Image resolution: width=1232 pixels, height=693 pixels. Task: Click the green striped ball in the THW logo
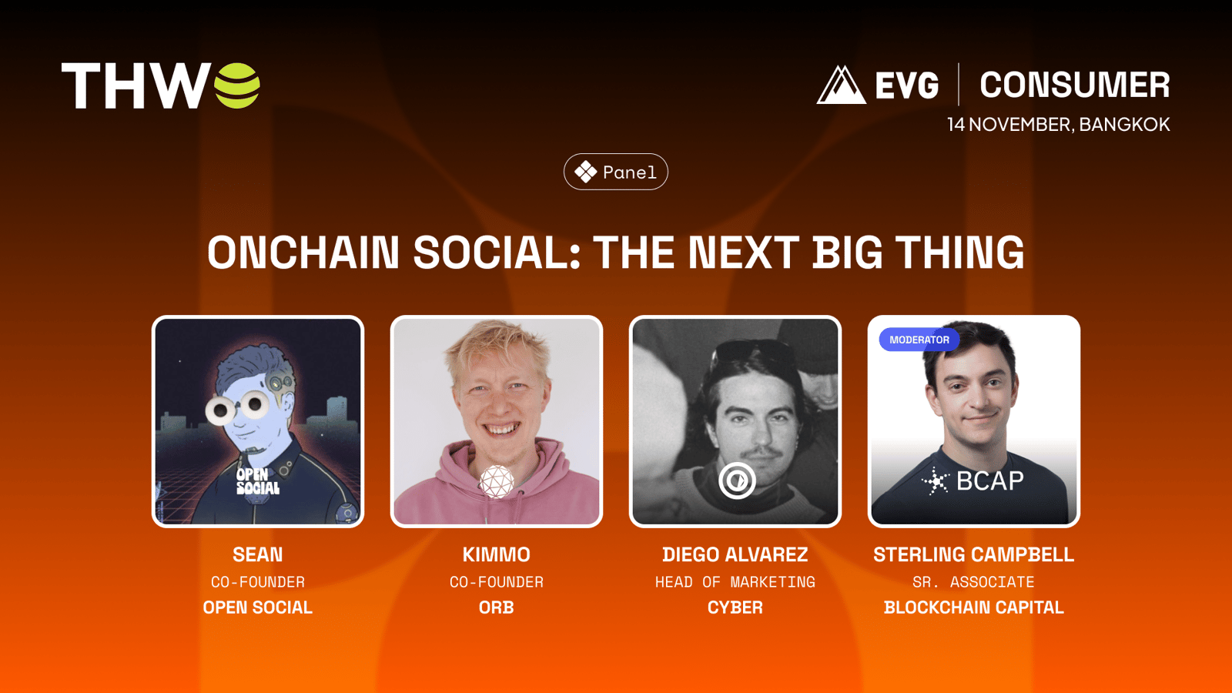point(237,85)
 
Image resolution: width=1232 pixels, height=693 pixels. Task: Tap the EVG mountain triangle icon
point(841,85)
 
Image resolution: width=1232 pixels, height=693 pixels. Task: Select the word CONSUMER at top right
point(1074,85)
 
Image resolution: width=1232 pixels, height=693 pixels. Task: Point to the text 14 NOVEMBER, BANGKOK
point(1058,124)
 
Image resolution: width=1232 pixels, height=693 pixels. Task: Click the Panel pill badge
point(616,172)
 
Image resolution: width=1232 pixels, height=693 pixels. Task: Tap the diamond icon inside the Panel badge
point(586,172)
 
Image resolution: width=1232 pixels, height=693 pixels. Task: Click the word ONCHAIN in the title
point(303,253)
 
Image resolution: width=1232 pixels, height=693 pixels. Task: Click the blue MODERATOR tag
point(919,340)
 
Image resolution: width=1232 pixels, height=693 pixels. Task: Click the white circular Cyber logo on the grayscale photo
point(737,480)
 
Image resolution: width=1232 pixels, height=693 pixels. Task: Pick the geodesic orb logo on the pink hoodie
point(496,482)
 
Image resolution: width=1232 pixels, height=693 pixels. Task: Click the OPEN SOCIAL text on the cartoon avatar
point(257,481)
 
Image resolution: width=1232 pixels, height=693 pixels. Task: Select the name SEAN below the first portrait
point(257,554)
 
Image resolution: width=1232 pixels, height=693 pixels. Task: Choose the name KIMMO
point(496,554)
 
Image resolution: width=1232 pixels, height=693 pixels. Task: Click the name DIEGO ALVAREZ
point(735,554)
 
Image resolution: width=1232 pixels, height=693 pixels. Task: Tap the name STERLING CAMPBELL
point(973,554)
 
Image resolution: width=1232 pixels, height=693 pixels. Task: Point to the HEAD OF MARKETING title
point(735,582)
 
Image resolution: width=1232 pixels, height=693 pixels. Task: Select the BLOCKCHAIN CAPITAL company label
point(973,608)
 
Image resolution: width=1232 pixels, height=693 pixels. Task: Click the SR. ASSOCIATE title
point(973,582)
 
